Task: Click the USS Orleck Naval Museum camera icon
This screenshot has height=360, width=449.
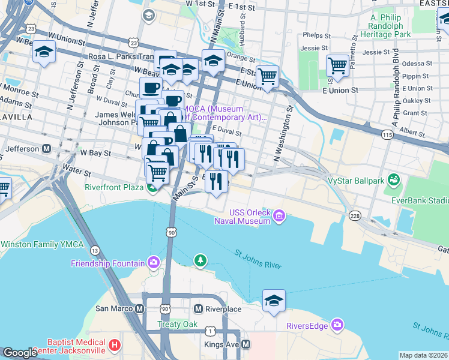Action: pyautogui.click(x=280, y=216)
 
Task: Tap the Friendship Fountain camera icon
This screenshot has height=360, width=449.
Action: pyautogui.click(x=154, y=263)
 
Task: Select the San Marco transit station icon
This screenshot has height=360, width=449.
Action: pyautogui.click(x=140, y=309)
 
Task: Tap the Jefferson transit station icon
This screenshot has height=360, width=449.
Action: pyautogui.click(x=46, y=148)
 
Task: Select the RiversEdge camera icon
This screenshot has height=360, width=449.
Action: pyautogui.click(x=337, y=325)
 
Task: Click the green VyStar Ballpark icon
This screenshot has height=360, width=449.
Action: pyautogui.click(x=394, y=179)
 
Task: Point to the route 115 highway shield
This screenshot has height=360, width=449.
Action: pyautogui.click(x=388, y=137)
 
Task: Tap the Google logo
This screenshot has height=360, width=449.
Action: pyautogui.click(x=20, y=353)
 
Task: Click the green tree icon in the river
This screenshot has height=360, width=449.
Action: pyautogui.click(x=200, y=260)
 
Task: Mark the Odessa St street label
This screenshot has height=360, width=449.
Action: pyautogui.click(x=417, y=64)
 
